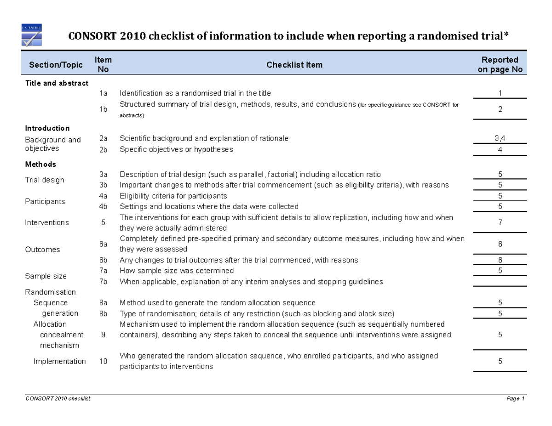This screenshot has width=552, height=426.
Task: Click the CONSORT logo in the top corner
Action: [32, 35]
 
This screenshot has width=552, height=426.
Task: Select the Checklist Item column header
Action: [294, 65]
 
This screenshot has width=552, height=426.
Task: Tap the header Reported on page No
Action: [500, 65]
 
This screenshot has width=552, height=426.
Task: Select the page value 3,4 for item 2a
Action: [500, 138]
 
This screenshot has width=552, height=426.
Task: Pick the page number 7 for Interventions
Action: [500, 223]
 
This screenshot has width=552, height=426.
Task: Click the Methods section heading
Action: [40, 164]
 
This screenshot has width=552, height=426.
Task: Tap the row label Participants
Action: [45, 201]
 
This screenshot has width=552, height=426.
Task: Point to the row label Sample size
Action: [46, 276]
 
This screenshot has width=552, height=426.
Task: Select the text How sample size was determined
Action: [177, 271]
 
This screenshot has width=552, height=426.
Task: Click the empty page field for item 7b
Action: [500, 281]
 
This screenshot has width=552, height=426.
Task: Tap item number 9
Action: [103, 335]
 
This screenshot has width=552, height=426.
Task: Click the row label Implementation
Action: [59, 361]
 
